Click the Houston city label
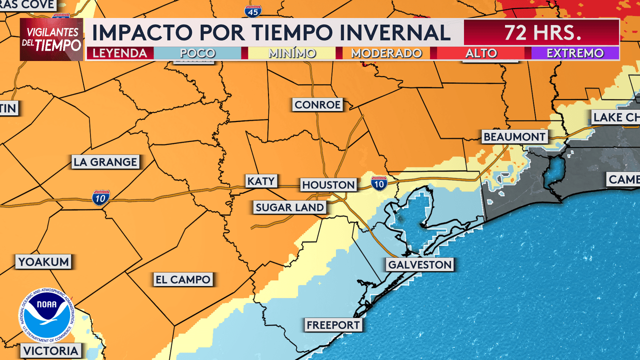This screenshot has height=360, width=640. click(328, 185)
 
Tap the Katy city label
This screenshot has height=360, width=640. click(261, 181)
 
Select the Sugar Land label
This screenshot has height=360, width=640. click(289, 207)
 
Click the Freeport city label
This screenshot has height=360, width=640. click(333, 325)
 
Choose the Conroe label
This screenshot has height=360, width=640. click(317, 105)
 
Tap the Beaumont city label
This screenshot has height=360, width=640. click(514, 137)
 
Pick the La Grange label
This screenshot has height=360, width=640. click(105, 162)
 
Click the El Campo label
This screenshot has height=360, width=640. click(183, 279)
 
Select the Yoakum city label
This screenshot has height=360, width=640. click(43, 261)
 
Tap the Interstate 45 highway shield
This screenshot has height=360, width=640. click(253, 9)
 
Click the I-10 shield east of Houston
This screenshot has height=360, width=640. click(379, 183)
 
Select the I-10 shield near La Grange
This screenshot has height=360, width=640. click(101, 198)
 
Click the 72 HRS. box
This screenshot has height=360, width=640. click(541, 32)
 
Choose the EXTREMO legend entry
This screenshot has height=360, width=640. click(575, 53)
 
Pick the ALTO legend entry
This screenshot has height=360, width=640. click(481, 53)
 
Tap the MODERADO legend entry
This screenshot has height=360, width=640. click(386, 53)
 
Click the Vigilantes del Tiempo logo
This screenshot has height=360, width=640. click(51, 39)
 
